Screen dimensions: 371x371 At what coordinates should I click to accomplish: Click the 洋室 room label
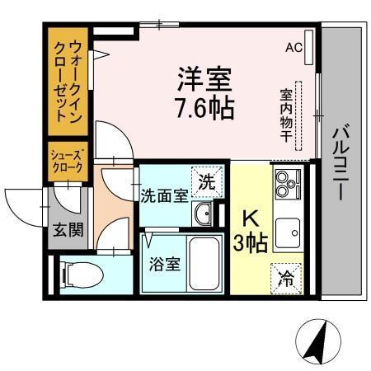click(202, 81)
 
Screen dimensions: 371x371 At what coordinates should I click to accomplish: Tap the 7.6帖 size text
click(202, 106)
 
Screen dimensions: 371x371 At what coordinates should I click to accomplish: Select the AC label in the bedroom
click(294, 47)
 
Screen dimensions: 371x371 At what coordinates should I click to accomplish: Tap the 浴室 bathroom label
click(163, 265)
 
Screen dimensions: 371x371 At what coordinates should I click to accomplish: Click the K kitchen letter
click(251, 219)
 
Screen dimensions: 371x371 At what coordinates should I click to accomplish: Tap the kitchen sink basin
click(289, 232)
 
